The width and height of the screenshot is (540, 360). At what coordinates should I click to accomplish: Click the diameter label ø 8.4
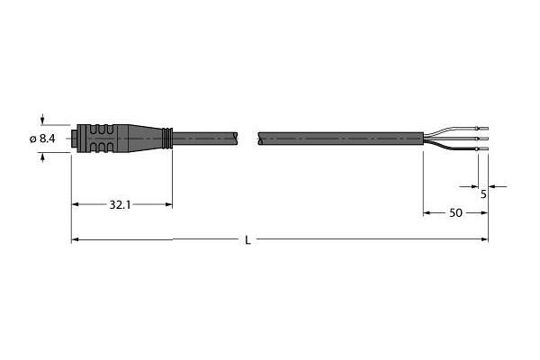click(42, 139)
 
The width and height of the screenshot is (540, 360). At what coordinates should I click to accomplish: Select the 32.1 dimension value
click(120, 205)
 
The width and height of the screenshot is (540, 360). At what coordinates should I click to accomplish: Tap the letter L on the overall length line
click(247, 240)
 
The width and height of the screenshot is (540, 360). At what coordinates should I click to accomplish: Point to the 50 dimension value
click(455, 213)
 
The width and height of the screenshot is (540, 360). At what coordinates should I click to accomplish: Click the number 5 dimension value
click(483, 194)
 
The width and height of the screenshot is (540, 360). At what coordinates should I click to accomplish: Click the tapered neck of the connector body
click(145, 139)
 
